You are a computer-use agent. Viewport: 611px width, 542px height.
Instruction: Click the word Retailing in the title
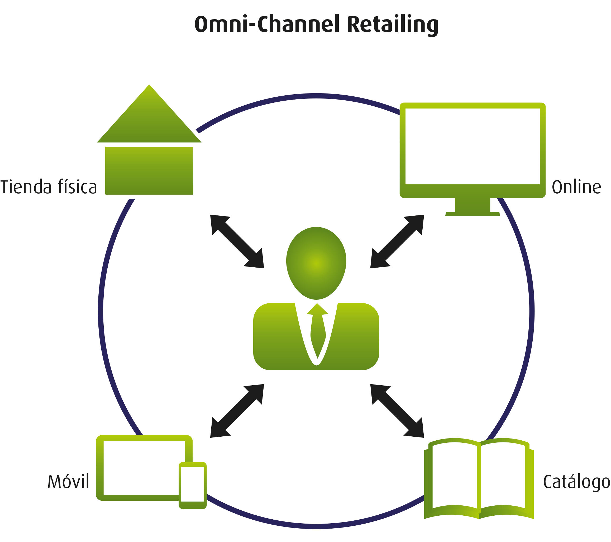pos(393,25)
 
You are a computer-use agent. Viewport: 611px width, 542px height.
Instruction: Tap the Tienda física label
pos(49,186)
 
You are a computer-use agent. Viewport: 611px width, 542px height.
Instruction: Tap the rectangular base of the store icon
pos(149,170)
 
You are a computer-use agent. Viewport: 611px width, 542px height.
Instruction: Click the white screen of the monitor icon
pos(472,146)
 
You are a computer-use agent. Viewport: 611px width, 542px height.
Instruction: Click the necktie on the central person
pos(317,331)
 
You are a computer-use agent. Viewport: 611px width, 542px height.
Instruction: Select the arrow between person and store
pos(237,242)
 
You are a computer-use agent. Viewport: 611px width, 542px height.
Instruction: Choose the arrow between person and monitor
pos(397,242)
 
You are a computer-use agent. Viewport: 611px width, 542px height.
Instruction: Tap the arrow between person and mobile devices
pos(237,411)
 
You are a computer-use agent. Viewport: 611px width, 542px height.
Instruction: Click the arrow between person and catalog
pos(397,411)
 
